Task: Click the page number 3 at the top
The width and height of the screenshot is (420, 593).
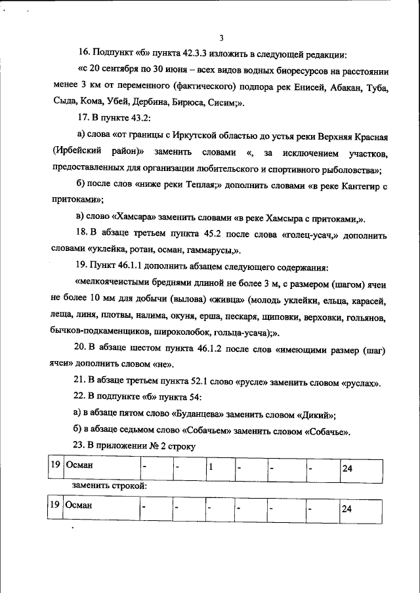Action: tap(221, 38)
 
